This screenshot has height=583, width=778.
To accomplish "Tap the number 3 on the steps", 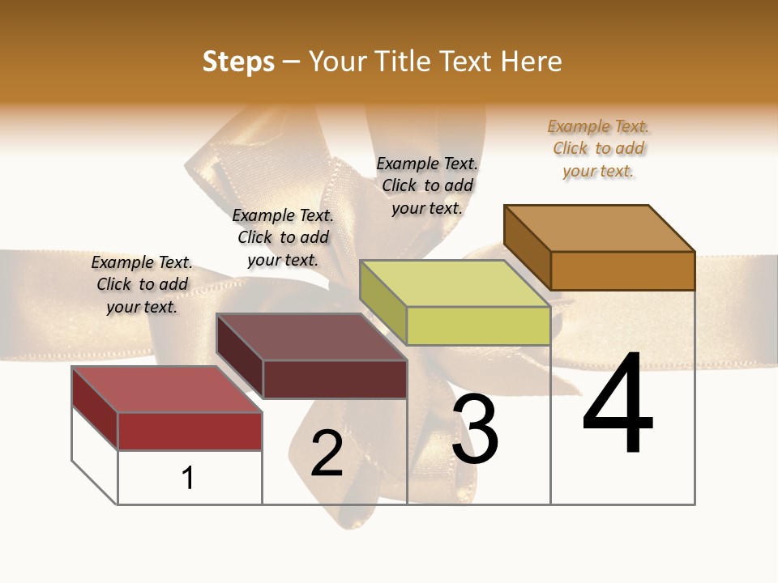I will click(x=475, y=429).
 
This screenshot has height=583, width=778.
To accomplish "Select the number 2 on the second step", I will click(x=327, y=453).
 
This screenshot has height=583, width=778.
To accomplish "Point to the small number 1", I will click(x=188, y=478).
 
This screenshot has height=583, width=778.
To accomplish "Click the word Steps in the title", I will click(x=238, y=62).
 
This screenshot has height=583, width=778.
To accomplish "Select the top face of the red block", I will click(x=166, y=389).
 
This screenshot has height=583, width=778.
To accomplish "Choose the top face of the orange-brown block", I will click(x=599, y=228).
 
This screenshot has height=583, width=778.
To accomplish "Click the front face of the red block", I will click(x=190, y=431).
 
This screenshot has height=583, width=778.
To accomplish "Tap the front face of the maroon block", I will click(x=335, y=379).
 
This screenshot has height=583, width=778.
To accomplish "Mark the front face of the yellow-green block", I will click(x=478, y=326).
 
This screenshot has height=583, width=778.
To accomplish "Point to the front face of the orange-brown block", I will click(x=622, y=270).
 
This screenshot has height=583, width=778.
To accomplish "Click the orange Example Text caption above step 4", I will click(x=598, y=149).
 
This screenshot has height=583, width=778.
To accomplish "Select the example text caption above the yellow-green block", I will click(x=427, y=185).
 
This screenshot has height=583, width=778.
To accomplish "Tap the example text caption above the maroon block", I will click(x=283, y=237).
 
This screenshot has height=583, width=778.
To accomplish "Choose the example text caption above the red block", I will click(x=142, y=284).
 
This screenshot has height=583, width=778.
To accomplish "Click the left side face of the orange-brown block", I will click(x=527, y=247).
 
